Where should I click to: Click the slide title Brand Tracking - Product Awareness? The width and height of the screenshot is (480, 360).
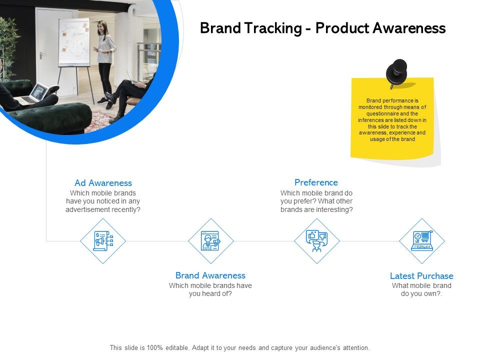coord(322,28)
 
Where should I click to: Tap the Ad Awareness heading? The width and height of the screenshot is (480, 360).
coord(103,183)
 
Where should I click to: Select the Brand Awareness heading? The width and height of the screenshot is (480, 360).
coord(210,275)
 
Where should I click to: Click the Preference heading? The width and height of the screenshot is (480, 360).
coord(316,182)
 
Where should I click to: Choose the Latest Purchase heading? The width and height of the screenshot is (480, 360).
coord(421,276)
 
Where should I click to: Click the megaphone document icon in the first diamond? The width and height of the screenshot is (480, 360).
coord(103,241)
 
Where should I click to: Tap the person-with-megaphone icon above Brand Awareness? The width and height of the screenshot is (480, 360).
coord(210,241)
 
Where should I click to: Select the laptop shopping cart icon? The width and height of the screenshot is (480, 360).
coord(422,241)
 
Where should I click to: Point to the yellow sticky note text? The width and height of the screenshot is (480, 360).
coord(392,120)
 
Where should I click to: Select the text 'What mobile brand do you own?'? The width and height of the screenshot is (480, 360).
coord(421,289)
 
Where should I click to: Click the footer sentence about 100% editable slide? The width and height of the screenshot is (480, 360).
coord(240,347)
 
